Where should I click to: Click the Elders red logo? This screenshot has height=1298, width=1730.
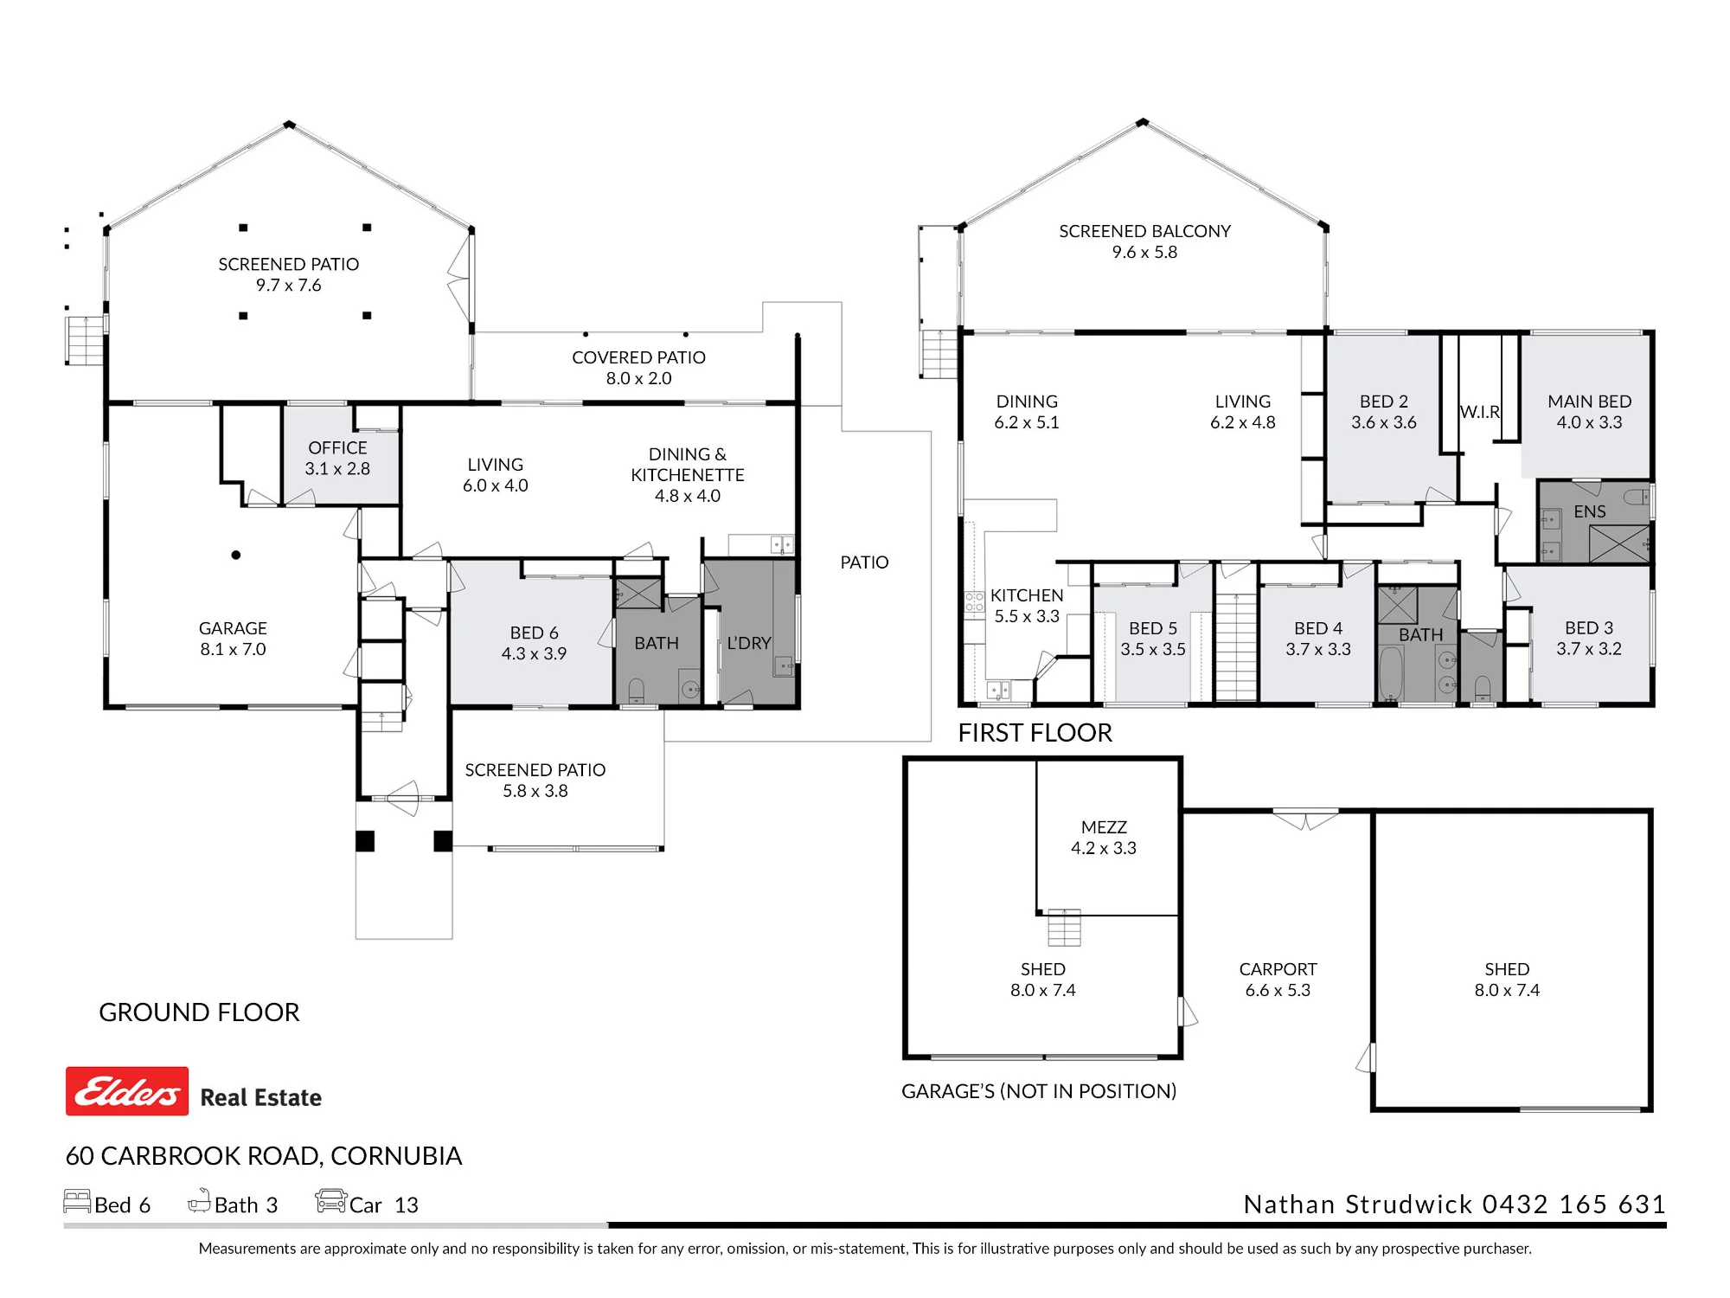tap(127, 1091)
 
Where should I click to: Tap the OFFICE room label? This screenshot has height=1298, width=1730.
tap(337, 448)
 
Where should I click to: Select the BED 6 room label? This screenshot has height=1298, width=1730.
tap(534, 633)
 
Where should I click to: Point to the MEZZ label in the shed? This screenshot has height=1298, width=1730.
tap(1104, 827)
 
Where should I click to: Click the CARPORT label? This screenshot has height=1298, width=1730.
tap(1278, 969)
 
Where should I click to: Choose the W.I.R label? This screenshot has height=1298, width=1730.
tap(1479, 412)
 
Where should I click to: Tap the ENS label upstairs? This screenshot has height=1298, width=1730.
tap(1590, 511)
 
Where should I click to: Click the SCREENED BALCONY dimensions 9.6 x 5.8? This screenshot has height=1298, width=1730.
tap(1144, 252)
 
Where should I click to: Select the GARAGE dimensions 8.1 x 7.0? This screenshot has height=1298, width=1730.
tap(233, 649)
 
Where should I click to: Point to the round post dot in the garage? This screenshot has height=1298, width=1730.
tap(236, 555)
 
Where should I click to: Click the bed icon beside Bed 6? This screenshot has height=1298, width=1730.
tap(77, 1201)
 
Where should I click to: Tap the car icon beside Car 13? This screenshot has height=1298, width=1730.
tap(330, 1201)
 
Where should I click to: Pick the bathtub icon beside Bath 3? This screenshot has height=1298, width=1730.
tap(200, 1200)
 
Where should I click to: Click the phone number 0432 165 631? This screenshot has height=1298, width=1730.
tap(1574, 1204)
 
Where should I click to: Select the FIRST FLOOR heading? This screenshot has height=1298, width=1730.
tap(1035, 733)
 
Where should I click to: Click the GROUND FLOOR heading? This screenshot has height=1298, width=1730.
tap(199, 1012)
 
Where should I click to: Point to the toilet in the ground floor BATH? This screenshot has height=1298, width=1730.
tap(636, 691)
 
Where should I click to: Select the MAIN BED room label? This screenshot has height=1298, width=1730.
tap(1590, 402)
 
